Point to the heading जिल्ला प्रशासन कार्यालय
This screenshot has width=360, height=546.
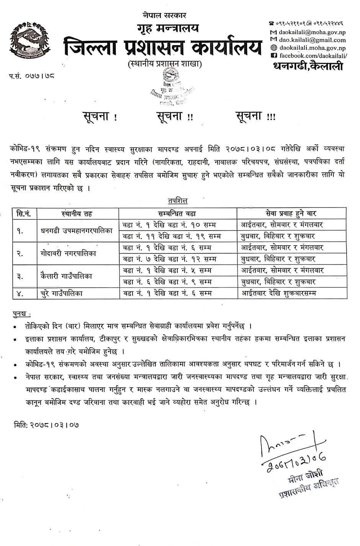163,47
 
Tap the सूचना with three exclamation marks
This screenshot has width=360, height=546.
255,116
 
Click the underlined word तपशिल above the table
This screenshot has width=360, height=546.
177,201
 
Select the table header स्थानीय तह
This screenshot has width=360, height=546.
77,213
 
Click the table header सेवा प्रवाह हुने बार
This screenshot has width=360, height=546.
291,213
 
